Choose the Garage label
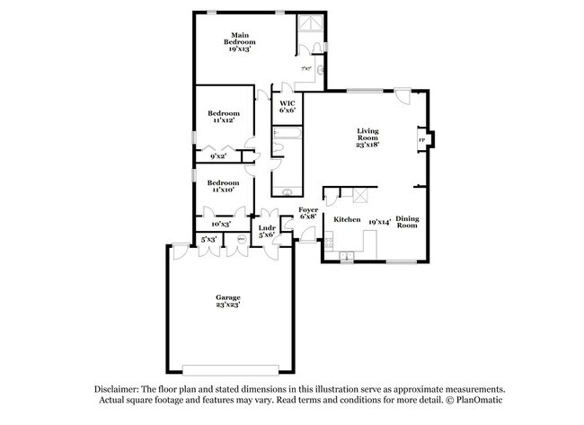pyautogui.click(x=227, y=297)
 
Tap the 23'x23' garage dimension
pyautogui.click(x=227, y=305)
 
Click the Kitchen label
pyautogui.click(x=347, y=219)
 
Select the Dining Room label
pyautogui.click(x=407, y=222)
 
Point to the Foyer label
pyautogui.click(x=307, y=209)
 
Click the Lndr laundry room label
pyautogui.click(x=266, y=229)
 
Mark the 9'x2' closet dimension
pyautogui.click(x=217, y=156)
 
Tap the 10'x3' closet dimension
pyautogui.click(x=221, y=224)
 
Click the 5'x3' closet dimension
pyautogui.click(x=208, y=239)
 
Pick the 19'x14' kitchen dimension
pyautogui.click(x=378, y=219)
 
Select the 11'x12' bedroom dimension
pyautogui.click(x=222, y=120)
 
